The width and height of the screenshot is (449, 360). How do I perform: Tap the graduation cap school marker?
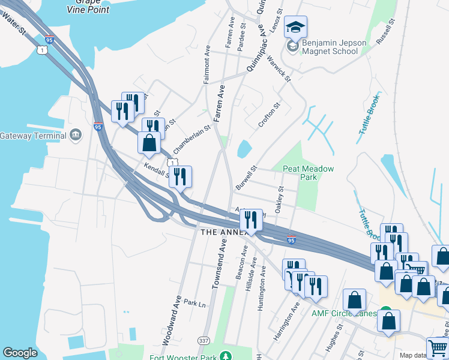coord(295,27)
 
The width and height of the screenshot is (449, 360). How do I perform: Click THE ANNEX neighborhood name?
coord(223,232)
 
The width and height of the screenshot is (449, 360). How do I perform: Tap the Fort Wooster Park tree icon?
coord(225,356)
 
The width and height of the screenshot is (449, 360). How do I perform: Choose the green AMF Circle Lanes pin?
coord(387,313)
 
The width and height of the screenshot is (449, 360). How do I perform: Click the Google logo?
coord(20,353)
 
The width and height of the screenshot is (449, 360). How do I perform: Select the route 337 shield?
coord(203,341)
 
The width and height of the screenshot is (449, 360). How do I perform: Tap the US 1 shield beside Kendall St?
coord(173,163)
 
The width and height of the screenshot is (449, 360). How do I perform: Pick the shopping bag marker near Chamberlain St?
coord(149,144)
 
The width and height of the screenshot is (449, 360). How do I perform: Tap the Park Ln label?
coord(194,303)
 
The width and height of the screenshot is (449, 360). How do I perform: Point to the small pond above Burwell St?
coord(244,148)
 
